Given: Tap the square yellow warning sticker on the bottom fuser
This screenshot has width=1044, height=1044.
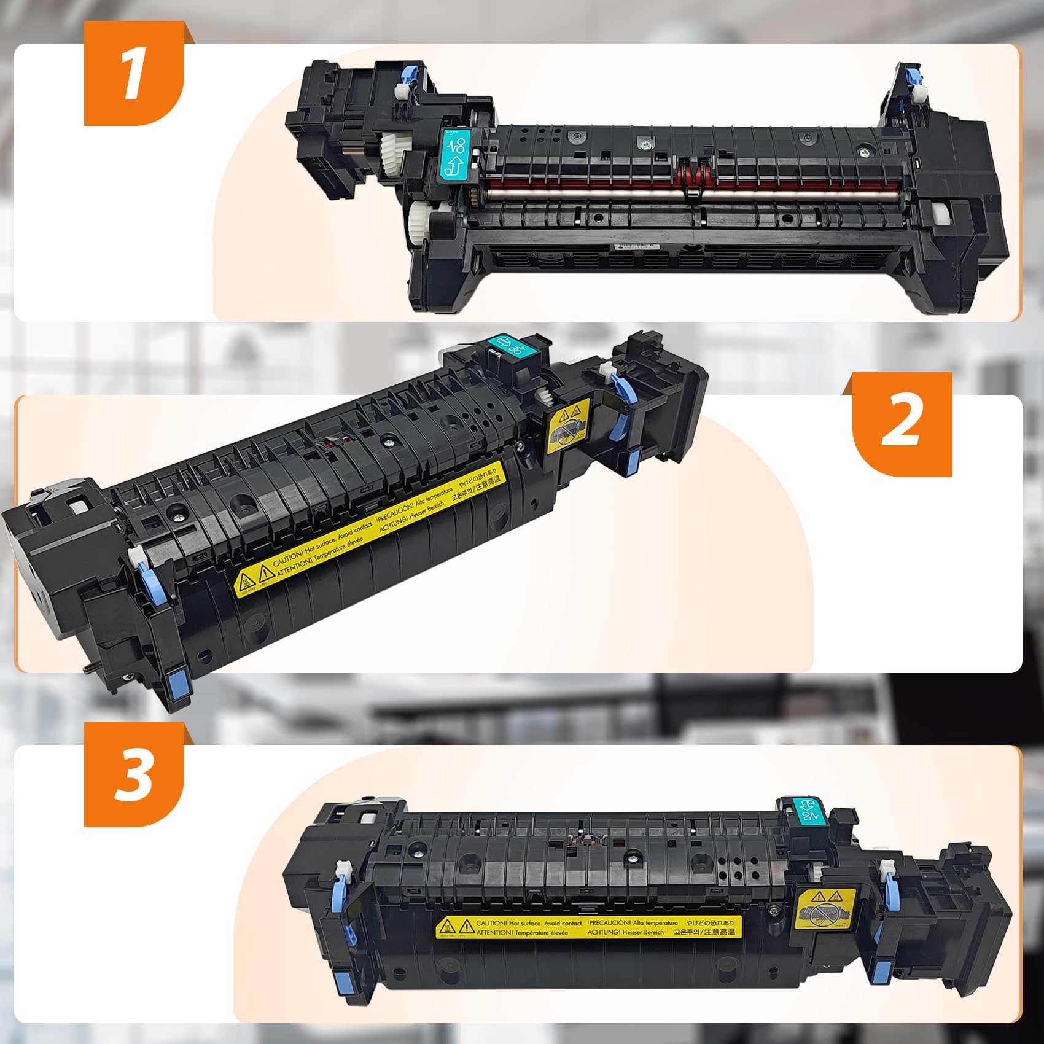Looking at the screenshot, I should point(824,910).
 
